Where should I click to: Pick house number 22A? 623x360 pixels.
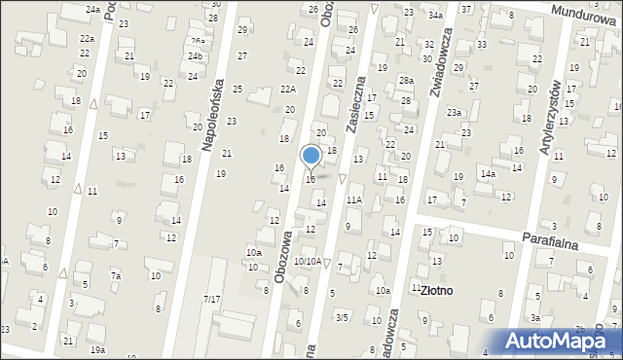click(287, 89)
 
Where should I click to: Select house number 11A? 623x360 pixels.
click(354, 199)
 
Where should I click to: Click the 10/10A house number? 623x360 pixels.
click(308, 261)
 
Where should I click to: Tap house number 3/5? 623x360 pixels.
click(342, 317)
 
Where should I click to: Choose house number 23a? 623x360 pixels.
click(454, 113)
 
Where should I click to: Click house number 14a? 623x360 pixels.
click(487, 173)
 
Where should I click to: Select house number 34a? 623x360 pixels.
click(435, 16)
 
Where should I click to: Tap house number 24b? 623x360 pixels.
click(196, 55)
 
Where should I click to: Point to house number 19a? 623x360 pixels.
click(97, 349)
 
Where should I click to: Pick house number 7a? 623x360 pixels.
click(115, 276)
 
